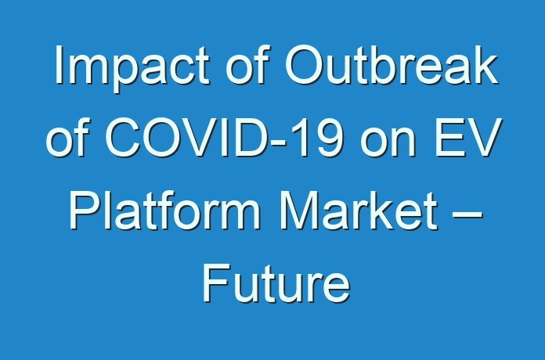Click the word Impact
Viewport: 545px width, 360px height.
pos(132,68)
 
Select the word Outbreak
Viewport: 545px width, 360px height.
pos(392,65)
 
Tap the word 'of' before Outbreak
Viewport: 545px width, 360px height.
pos(247,65)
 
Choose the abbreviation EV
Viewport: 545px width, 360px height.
pos(468,138)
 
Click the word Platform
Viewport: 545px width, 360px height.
pos(165,211)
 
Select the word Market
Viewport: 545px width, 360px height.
pos(359,211)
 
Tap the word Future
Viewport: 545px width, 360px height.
pos(276,283)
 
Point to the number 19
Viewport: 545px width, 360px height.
pos(319,138)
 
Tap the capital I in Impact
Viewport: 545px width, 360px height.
pos(60,65)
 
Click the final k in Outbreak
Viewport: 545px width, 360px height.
pos(486,65)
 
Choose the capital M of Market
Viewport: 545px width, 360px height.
pos(300,211)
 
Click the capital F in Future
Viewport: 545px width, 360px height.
pos(216,283)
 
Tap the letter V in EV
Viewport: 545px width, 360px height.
pos(485,138)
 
